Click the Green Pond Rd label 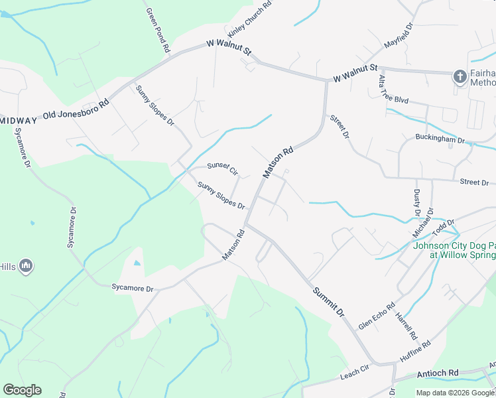click(158, 30)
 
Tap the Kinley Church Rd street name click(249, 19)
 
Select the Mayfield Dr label click(399, 37)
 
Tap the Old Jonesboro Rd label click(76, 110)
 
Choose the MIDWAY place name click(18, 120)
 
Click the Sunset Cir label click(222, 169)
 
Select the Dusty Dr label click(417, 202)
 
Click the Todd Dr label click(443, 229)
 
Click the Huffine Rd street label click(415, 352)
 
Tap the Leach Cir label click(354, 373)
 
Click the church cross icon click(460, 77)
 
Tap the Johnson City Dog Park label click(454, 250)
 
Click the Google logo click(22, 390)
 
